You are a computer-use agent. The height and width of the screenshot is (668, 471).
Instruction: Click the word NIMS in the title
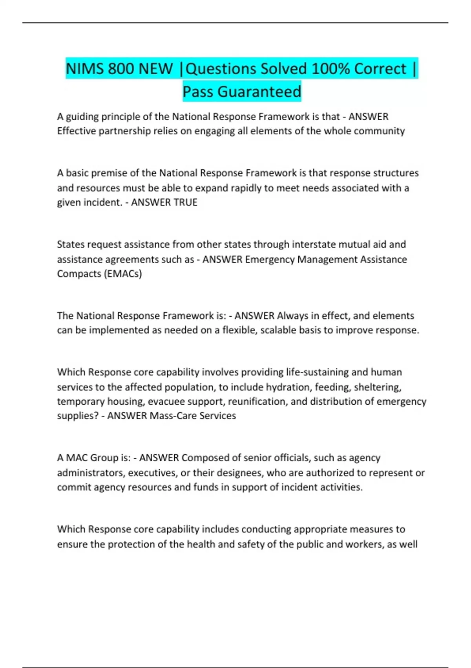click(x=85, y=69)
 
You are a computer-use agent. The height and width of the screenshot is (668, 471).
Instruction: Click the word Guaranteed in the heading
click(x=259, y=92)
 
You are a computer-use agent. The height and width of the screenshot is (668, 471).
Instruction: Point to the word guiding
click(x=82, y=117)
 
